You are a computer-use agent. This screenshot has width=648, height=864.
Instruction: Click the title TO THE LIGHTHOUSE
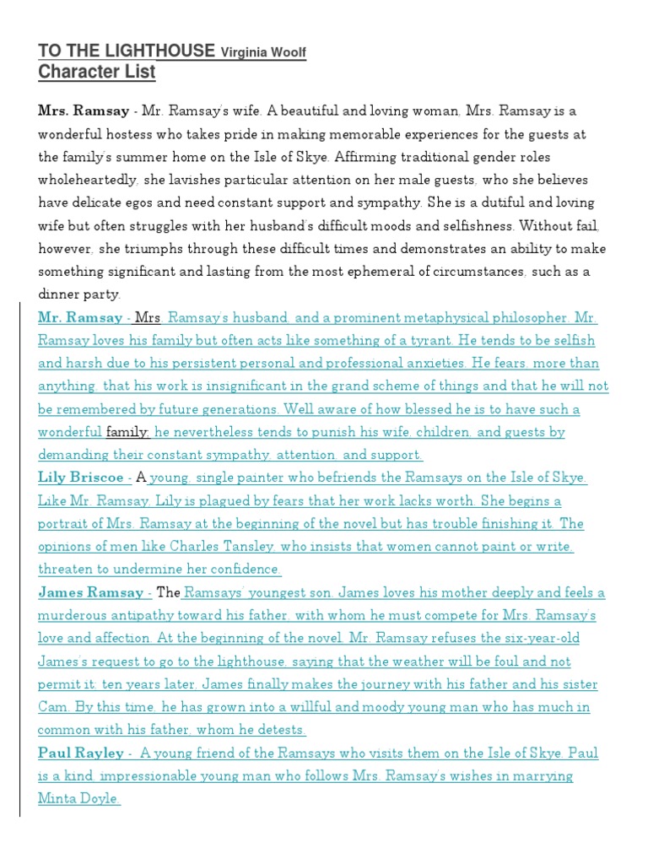click(x=127, y=51)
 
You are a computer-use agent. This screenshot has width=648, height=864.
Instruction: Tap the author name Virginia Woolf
click(x=262, y=53)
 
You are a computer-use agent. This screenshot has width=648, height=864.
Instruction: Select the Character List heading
click(x=97, y=73)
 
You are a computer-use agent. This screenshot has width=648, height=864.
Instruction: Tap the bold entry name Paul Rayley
click(x=80, y=753)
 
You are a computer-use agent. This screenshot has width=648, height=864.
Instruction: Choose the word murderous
click(x=78, y=615)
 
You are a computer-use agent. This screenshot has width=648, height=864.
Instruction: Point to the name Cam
click(x=53, y=706)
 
